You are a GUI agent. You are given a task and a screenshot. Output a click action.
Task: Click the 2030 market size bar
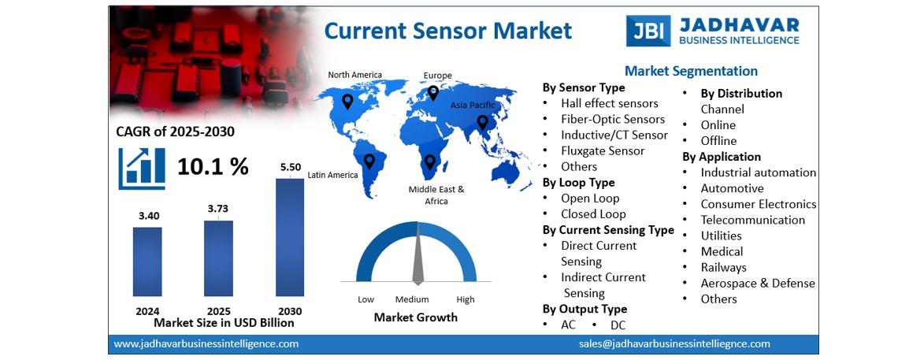(290, 237)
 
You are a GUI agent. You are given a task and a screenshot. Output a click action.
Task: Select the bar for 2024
(147, 262)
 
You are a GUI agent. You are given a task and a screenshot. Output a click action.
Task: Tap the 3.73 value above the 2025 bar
(218, 209)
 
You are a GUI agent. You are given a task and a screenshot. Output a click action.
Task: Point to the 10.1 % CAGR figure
(213, 167)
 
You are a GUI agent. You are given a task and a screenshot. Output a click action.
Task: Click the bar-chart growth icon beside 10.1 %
(142, 169)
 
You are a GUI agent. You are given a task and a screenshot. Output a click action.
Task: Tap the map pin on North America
(347, 102)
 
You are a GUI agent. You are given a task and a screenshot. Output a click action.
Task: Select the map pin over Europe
(433, 93)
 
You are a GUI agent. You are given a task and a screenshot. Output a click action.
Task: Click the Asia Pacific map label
(473, 105)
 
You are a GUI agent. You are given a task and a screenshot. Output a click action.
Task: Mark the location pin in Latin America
(369, 161)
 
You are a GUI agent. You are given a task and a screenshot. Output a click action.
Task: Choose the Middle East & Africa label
(436, 195)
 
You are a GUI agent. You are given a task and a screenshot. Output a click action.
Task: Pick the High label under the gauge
(465, 299)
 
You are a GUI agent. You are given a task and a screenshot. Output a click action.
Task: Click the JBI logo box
(648, 31)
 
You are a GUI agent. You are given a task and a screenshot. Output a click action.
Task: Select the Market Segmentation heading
(692, 72)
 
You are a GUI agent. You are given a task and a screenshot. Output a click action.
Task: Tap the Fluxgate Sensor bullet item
(603, 150)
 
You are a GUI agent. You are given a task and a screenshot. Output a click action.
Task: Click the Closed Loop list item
(593, 214)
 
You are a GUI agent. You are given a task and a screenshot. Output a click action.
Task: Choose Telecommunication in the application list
(752, 220)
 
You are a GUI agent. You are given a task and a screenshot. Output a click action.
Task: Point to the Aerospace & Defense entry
(758, 284)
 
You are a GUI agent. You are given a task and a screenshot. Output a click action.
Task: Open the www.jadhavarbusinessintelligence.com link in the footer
(206, 344)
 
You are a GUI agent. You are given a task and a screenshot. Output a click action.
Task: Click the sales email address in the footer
(674, 344)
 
